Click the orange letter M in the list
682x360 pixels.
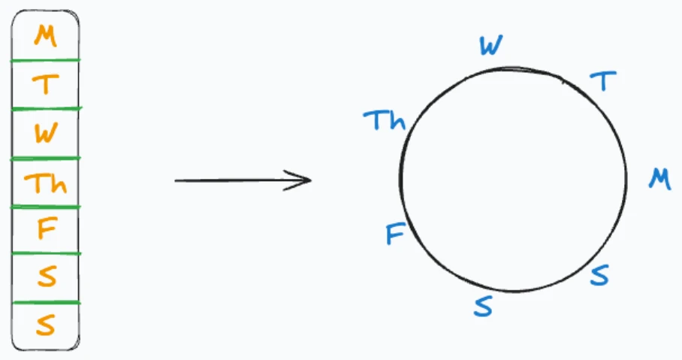(x=46, y=35)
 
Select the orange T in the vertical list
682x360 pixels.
(x=46, y=84)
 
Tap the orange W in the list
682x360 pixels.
(x=46, y=132)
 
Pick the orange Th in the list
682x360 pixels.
(x=46, y=183)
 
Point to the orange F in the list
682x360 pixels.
(x=47, y=228)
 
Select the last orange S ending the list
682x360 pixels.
(x=46, y=325)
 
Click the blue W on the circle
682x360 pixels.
(x=491, y=46)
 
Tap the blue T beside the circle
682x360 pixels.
(x=603, y=81)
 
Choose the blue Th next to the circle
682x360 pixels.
(x=385, y=120)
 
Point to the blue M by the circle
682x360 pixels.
(x=659, y=179)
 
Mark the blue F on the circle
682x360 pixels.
(x=396, y=234)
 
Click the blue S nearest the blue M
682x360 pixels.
(x=599, y=275)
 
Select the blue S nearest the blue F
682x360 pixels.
(x=483, y=306)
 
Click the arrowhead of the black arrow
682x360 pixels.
(x=309, y=180)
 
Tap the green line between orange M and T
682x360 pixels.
(x=45, y=61)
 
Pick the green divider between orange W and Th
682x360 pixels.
(x=45, y=159)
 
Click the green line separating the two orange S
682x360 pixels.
(x=45, y=302)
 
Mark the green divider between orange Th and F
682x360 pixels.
(x=45, y=207)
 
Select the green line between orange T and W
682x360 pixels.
(x=46, y=109)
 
